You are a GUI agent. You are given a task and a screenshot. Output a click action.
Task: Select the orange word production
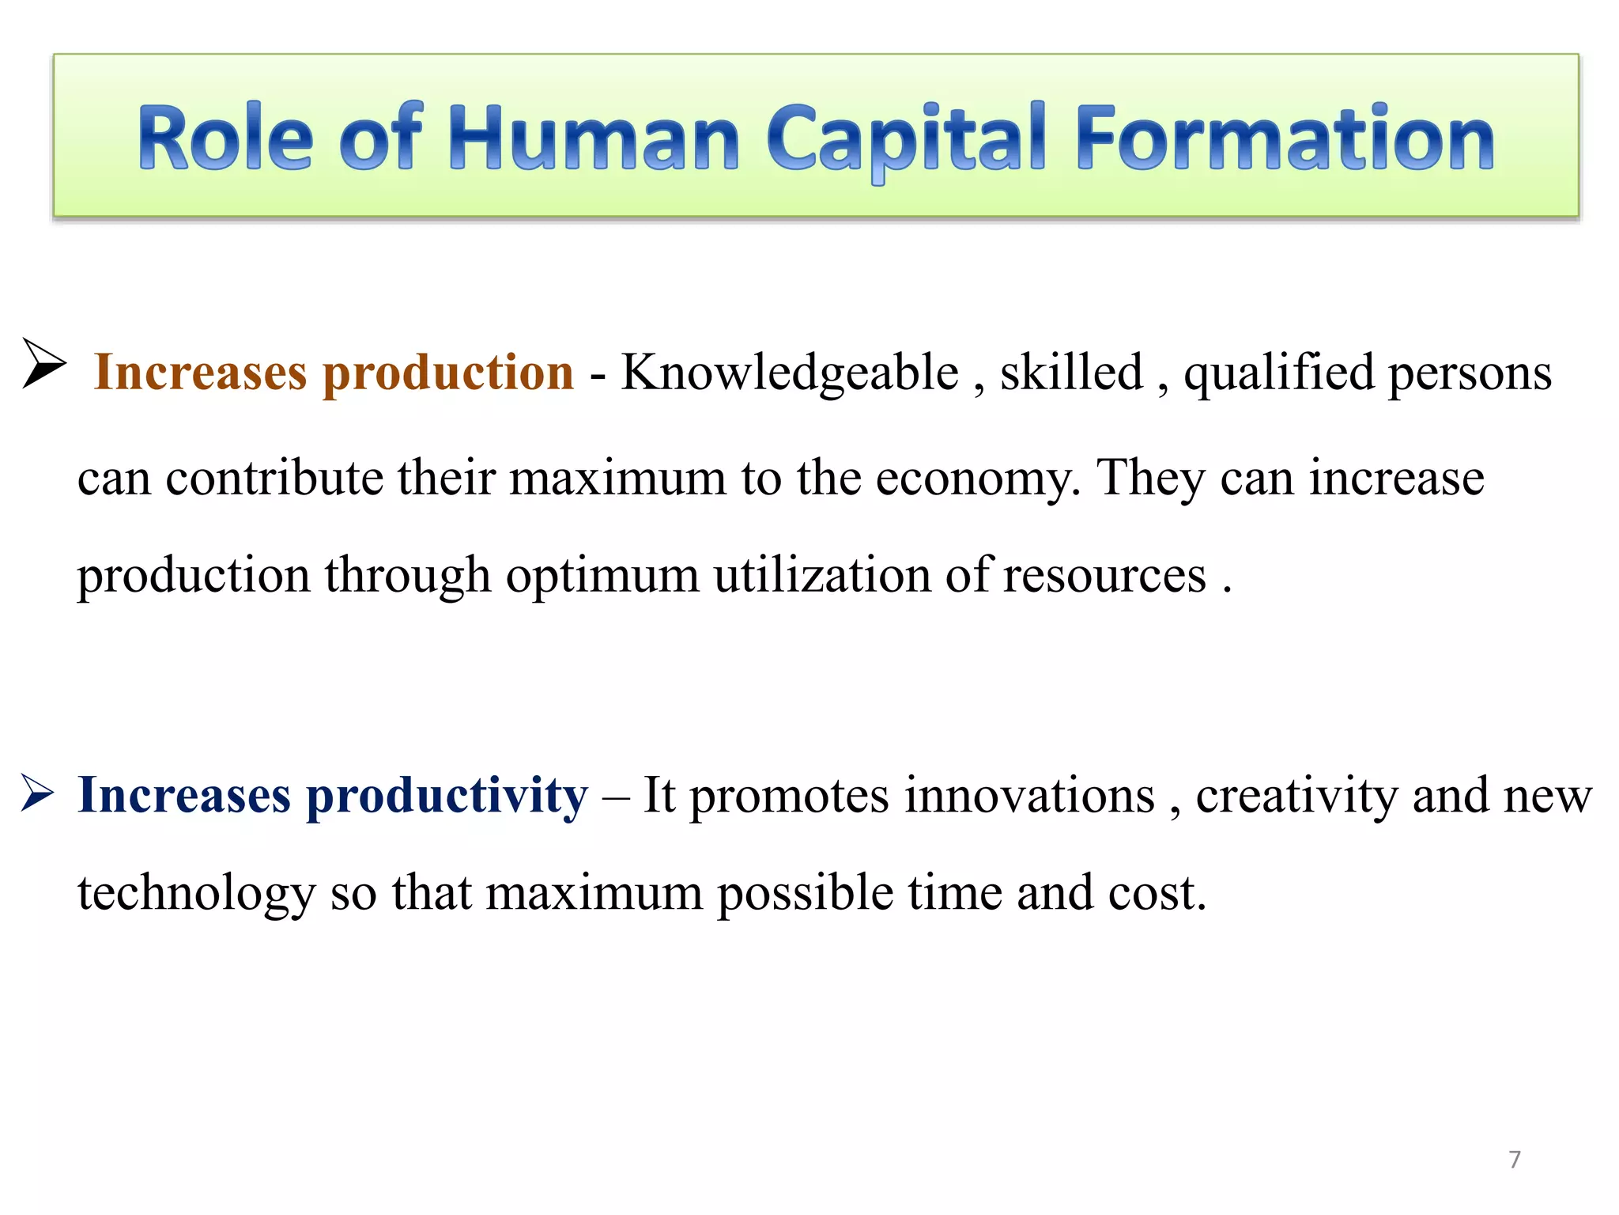coord(448,373)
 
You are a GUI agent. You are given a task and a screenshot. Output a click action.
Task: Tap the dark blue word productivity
coord(447,796)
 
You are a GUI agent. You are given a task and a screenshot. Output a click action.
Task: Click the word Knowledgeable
coord(789,373)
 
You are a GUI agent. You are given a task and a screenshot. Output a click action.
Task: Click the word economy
coord(977,479)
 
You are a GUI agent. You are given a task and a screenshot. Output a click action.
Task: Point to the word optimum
coord(602,576)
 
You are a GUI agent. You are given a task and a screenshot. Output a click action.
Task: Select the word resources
coord(1104,576)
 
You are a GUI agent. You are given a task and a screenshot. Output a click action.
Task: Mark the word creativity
coord(1296,796)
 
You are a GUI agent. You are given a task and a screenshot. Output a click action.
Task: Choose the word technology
coord(196,895)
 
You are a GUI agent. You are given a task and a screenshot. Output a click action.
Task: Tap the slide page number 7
coord(1514,1160)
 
